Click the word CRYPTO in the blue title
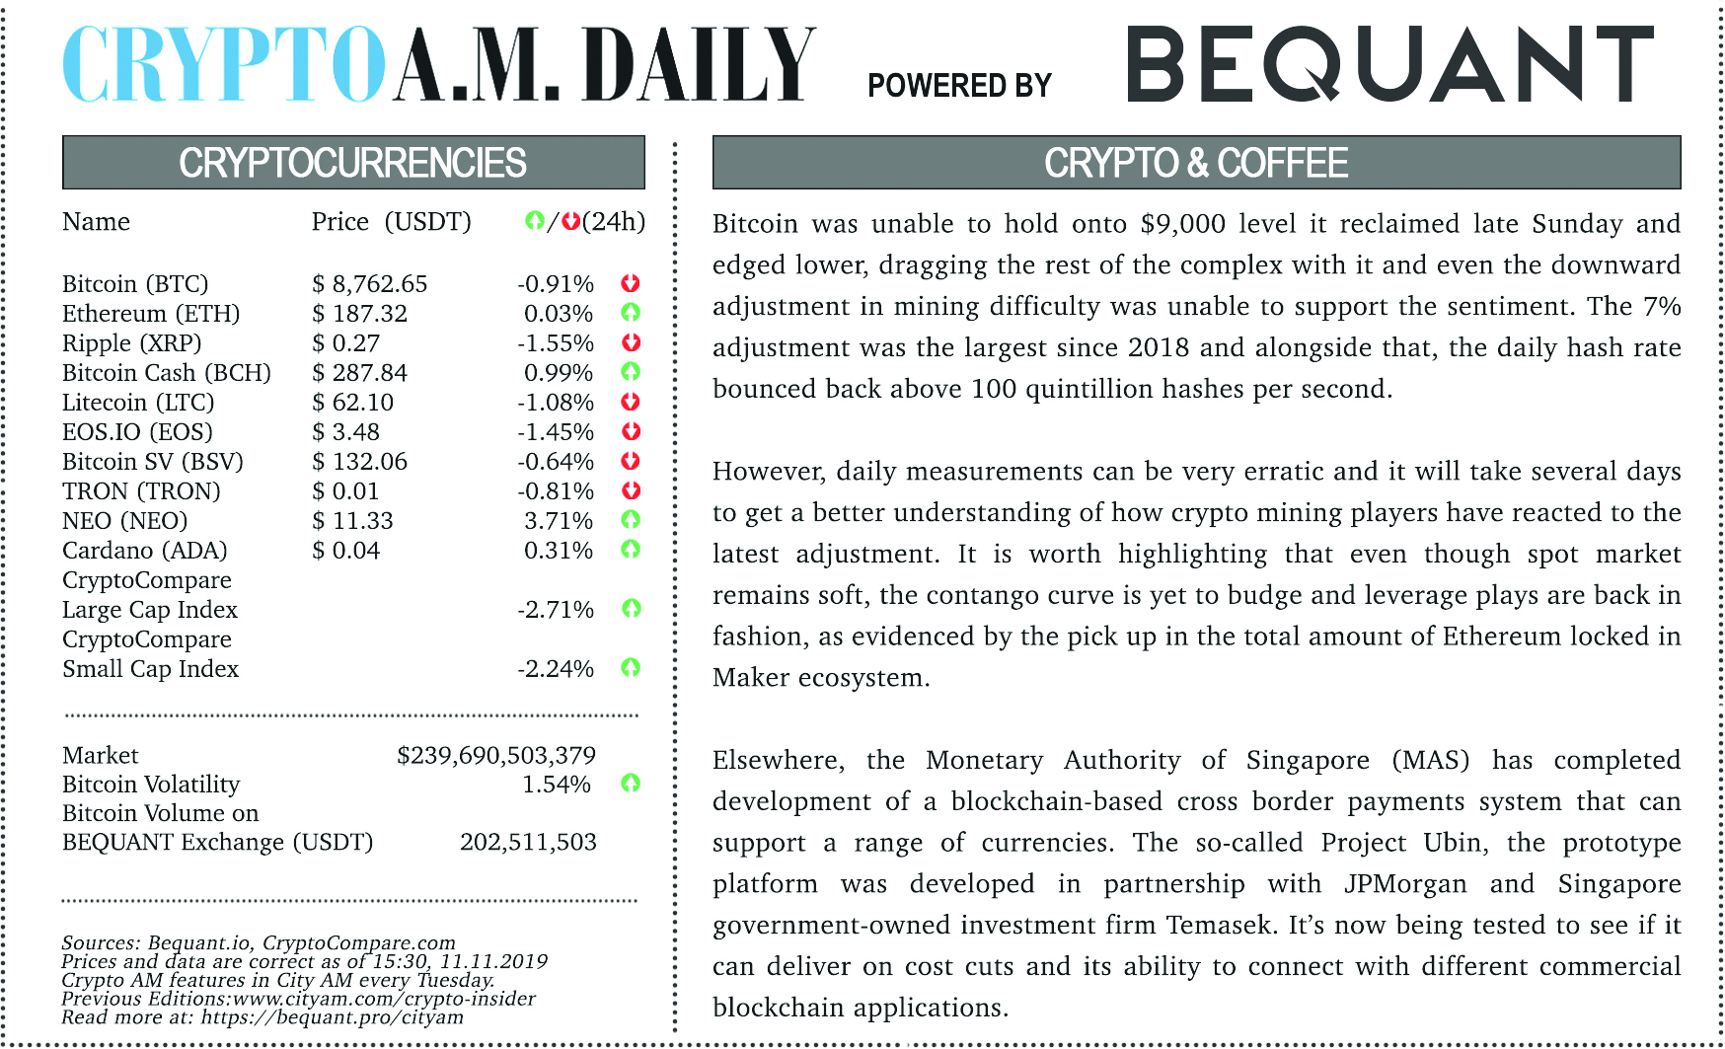tap(223, 65)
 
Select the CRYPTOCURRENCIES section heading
tap(352, 163)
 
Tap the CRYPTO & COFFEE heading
tap(1196, 163)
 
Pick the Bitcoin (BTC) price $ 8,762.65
tap(370, 284)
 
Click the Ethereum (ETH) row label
tap(151, 314)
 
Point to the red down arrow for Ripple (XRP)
tap(632, 342)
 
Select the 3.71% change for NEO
tap(559, 521)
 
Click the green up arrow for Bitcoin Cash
tap(632, 372)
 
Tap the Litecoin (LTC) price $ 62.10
tap(353, 403)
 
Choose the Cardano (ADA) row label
tap(145, 551)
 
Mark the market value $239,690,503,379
tap(496, 756)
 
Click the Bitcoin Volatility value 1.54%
tap(557, 785)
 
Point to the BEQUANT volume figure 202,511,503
tap(528, 843)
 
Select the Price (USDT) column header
tap(392, 222)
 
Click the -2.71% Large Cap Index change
tap(556, 610)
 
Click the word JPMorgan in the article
tap(1405, 883)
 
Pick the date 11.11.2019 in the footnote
tap(493, 961)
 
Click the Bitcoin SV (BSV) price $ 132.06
tap(360, 462)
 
